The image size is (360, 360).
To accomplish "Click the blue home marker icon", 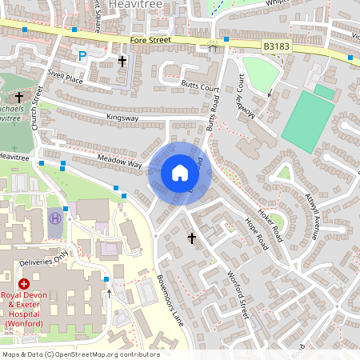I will pyautogui.click(x=180, y=173).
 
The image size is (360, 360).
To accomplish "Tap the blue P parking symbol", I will pyautogui.click(x=82, y=56).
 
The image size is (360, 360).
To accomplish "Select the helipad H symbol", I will pyautogui.click(x=55, y=218).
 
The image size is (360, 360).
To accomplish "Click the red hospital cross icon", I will pyautogui.click(x=24, y=285).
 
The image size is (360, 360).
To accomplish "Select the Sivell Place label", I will pyautogui.click(x=65, y=80).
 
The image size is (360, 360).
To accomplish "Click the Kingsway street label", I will pyautogui.click(x=122, y=118).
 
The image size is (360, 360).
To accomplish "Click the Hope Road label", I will pyautogui.click(x=253, y=234).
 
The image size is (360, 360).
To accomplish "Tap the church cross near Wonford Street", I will pyautogui.click(x=191, y=238).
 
